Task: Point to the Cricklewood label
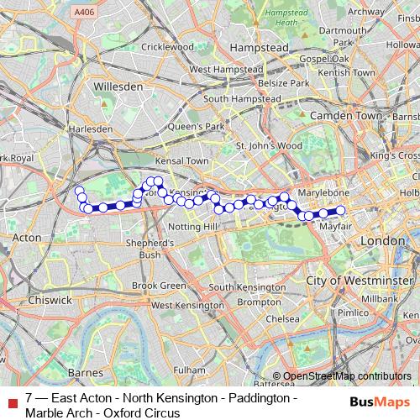[166, 47]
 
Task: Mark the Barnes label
[85, 371]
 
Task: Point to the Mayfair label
[334, 227]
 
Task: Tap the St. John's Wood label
[269, 145]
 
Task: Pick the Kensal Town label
[186, 160]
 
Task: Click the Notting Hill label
[194, 228]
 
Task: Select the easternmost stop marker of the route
[341, 211]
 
